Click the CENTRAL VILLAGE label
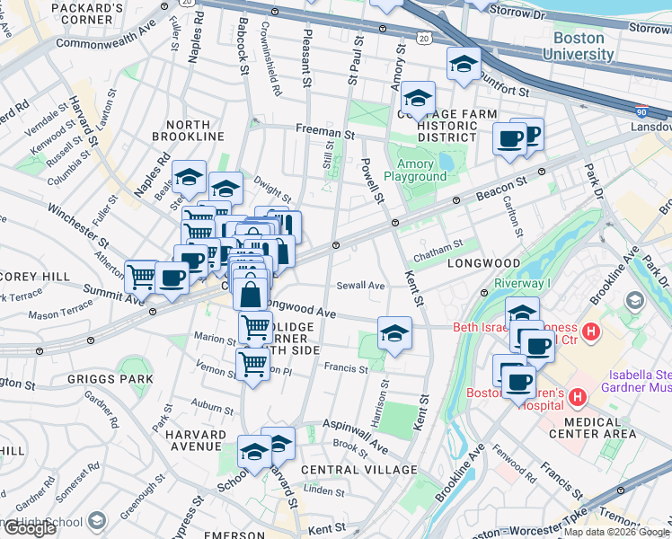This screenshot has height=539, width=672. pos(359,470)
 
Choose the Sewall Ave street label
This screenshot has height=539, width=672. pos(360,286)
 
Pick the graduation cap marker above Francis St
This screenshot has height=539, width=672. pos(394,333)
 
